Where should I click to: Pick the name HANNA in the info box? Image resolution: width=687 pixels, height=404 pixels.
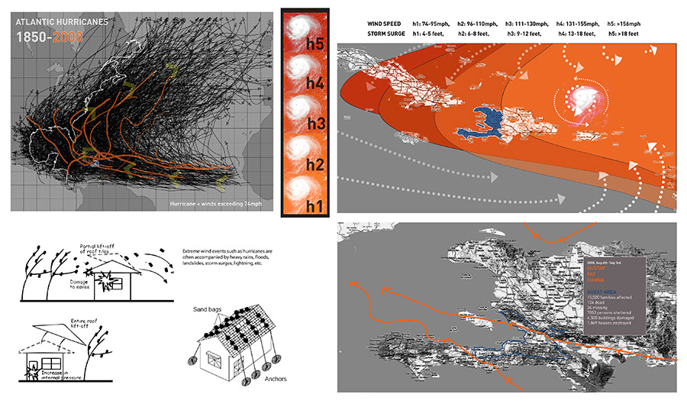(x=595, y=280)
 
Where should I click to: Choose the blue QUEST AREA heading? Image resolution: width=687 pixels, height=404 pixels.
(x=601, y=291)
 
